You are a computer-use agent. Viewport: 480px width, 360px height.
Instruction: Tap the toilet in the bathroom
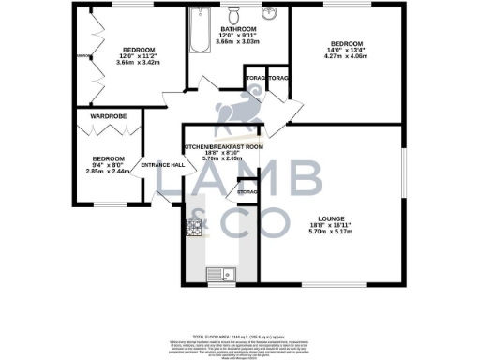tap(235, 14)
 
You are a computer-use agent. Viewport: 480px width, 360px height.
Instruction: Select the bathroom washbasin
tap(269, 14)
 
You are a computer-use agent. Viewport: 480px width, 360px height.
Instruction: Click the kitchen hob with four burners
tap(196, 227)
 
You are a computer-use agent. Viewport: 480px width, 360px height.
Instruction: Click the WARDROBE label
tap(109, 117)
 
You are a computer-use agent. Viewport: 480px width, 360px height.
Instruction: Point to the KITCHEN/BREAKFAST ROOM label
tap(224, 147)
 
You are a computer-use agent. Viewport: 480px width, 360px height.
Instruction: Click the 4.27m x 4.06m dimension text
tap(344, 56)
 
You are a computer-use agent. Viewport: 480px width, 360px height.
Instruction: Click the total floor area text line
tap(239, 336)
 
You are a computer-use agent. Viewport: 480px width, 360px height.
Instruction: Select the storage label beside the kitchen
tap(247, 192)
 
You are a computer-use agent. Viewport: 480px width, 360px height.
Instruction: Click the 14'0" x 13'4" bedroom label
tap(344, 50)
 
